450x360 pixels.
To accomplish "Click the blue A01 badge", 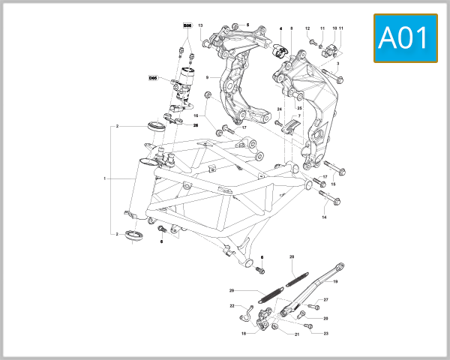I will (405, 38).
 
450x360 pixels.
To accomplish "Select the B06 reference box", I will (187, 25).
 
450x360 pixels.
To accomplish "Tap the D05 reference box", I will (153, 77).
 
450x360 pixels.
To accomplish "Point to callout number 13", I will (200, 26).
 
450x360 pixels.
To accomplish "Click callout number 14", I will (325, 217).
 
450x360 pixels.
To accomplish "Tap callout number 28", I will (292, 256).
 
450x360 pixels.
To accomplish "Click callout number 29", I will (232, 290).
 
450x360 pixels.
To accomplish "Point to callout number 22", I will (232, 306).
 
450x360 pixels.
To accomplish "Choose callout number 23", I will (326, 333).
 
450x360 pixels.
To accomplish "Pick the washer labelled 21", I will (275, 328).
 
